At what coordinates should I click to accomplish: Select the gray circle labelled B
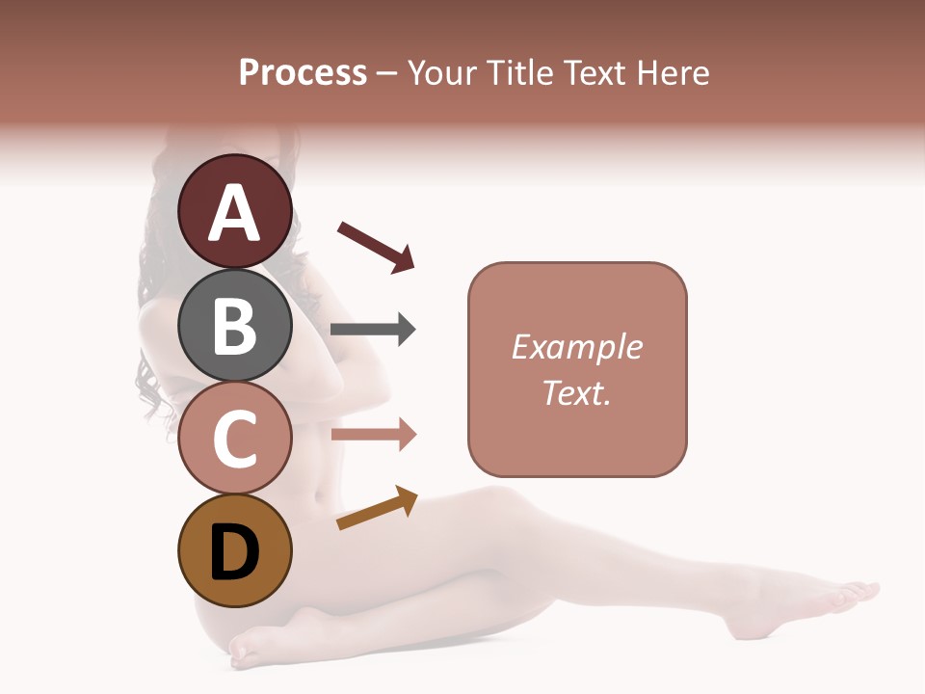(235, 325)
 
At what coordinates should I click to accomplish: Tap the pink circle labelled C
(235, 439)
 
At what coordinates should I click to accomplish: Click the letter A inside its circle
(235, 214)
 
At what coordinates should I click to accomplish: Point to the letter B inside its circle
(235, 327)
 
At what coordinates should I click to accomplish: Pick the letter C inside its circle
(235, 440)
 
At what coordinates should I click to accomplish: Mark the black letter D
(235, 553)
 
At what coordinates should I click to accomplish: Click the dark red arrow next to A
(376, 247)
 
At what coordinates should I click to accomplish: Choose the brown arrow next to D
(377, 508)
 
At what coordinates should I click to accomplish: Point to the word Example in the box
(577, 347)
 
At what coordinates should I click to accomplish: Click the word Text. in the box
(576, 392)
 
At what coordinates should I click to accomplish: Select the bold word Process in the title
(303, 72)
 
